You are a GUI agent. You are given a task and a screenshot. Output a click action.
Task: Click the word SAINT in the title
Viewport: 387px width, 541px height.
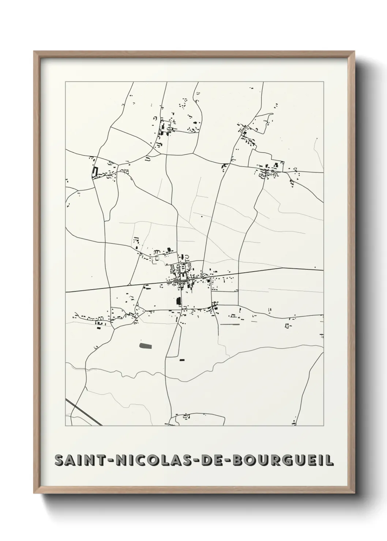(x=80, y=460)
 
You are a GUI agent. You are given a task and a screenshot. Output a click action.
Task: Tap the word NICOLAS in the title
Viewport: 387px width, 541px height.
(x=148, y=460)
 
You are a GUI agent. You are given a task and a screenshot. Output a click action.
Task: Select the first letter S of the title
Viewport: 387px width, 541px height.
(x=59, y=460)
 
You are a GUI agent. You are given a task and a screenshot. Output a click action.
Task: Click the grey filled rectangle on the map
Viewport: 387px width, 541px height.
(x=145, y=345)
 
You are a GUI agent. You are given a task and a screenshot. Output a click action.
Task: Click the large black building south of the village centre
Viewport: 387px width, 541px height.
(x=179, y=301)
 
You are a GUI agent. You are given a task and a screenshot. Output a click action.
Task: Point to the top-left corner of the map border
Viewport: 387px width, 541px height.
(x=65, y=82)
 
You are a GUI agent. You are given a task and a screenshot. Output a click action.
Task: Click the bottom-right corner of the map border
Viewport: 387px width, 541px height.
(x=324, y=426)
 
